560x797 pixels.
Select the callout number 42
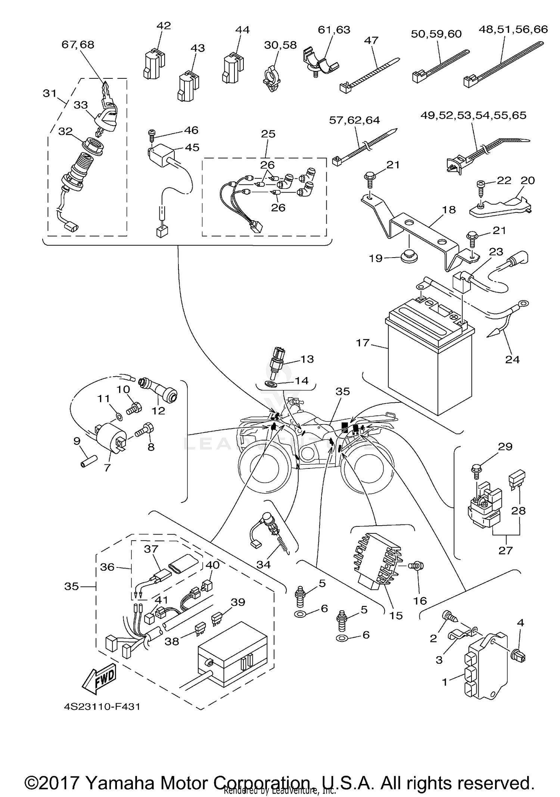click(164, 26)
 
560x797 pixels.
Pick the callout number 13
click(307, 359)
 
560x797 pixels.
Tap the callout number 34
click(263, 564)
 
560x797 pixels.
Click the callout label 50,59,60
click(436, 34)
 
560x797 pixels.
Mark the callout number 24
click(512, 359)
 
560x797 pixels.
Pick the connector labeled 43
click(187, 87)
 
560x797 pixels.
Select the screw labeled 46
click(152, 133)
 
